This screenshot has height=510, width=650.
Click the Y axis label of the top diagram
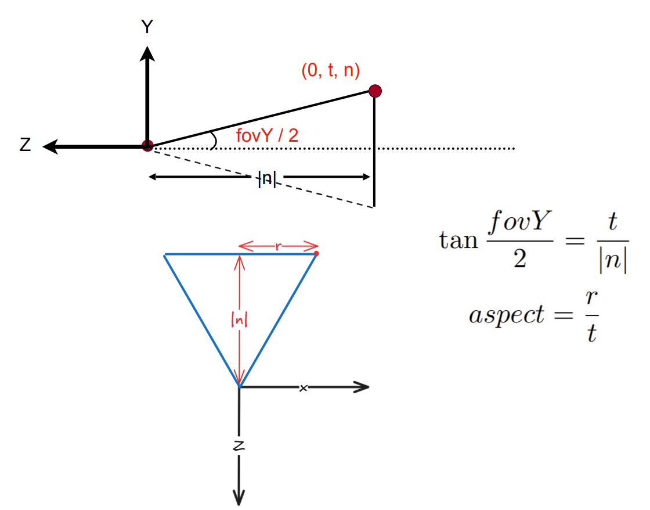(147, 26)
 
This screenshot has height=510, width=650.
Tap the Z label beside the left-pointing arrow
(25, 145)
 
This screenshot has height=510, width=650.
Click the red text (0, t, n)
(330, 71)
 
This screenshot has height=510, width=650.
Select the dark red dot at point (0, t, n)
(375, 91)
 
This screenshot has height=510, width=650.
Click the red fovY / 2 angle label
(268, 136)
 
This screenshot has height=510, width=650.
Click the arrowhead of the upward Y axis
(147, 53)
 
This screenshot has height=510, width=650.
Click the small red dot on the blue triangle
(316, 253)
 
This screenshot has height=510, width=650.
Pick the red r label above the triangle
(279, 246)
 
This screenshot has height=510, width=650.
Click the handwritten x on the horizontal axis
(303, 387)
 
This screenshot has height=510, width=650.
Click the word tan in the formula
(457, 240)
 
